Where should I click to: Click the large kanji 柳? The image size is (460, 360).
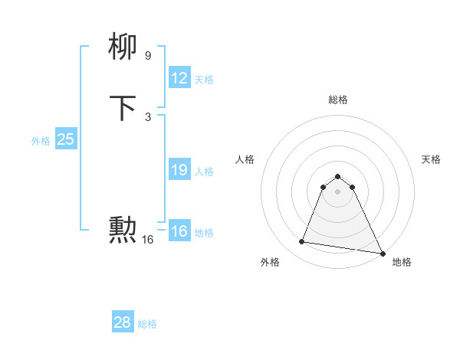pyautogui.click(x=123, y=47)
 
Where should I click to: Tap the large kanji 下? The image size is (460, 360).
pyautogui.click(x=123, y=108)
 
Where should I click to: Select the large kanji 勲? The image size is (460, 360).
pyautogui.click(x=123, y=230)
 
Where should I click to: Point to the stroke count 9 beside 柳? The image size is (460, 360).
pyautogui.click(x=148, y=56)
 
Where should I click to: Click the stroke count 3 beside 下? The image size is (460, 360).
pyautogui.click(x=148, y=116)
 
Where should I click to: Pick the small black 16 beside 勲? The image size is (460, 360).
pyautogui.click(x=148, y=240)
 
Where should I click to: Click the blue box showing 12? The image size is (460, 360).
pyautogui.click(x=179, y=78)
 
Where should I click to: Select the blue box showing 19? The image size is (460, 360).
pyautogui.click(x=179, y=170)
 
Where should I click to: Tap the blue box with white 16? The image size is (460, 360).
pyautogui.click(x=179, y=231)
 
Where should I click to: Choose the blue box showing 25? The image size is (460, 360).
pyautogui.click(x=65, y=139)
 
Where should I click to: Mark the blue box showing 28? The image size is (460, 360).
pyautogui.click(x=122, y=322)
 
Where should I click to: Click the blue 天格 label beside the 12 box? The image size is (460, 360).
pyautogui.click(x=204, y=80)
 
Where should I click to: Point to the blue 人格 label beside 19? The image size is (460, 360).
pyautogui.click(x=204, y=172)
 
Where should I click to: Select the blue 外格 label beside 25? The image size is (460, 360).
pyautogui.click(x=41, y=141)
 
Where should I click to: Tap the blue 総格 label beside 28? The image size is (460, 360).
pyautogui.click(x=147, y=324)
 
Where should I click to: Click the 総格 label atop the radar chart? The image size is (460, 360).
pyautogui.click(x=338, y=100)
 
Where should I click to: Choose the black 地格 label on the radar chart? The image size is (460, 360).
pyautogui.click(x=402, y=263)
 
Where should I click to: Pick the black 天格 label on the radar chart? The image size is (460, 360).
pyautogui.click(x=432, y=159)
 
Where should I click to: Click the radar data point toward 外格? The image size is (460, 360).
pyautogui.click(x=302, y=242)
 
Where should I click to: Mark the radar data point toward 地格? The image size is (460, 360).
pyautogui.click(x=383, y=253)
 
